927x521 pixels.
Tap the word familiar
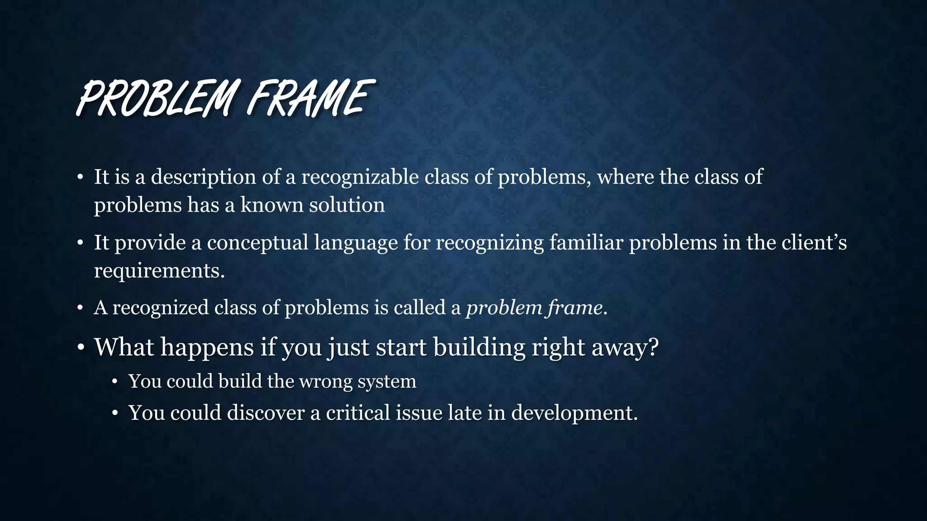click(x=586, y=243)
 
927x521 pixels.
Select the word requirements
click(x=159, y=271)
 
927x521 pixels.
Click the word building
click(x=479, y=348)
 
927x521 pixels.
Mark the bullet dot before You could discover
click(x=115, y=413)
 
